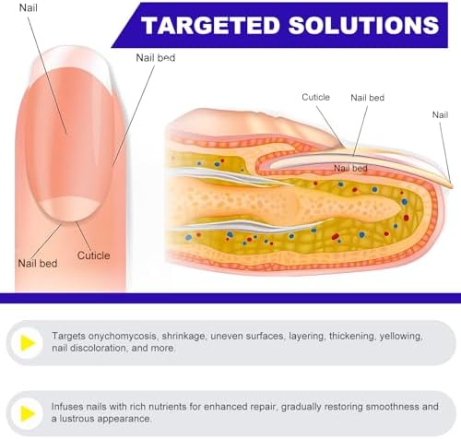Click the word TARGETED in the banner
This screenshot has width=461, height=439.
click(x=210, y=25)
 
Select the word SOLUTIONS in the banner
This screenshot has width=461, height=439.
click(x=364, y=25)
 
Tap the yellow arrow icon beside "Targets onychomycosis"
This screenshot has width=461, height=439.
click(x=28, y=343)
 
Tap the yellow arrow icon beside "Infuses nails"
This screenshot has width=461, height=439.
click(x=28, y=413)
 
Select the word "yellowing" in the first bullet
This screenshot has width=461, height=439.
click(x=401, y=337)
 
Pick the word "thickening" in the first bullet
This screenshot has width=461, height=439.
click(x=352, y=337)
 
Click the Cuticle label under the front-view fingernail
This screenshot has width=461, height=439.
click(x=93, y=255)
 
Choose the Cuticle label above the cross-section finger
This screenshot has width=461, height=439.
click(x=315, y=97)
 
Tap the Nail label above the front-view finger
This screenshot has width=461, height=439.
click(x=29, y=7)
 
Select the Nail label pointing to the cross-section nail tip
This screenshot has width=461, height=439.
click(x=440, y=115)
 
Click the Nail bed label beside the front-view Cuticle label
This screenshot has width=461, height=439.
click(x=38, y=264)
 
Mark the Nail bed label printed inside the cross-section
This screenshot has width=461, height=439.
click(x=350, y=168)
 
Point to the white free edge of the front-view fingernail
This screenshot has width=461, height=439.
click(x=70, y=61)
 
